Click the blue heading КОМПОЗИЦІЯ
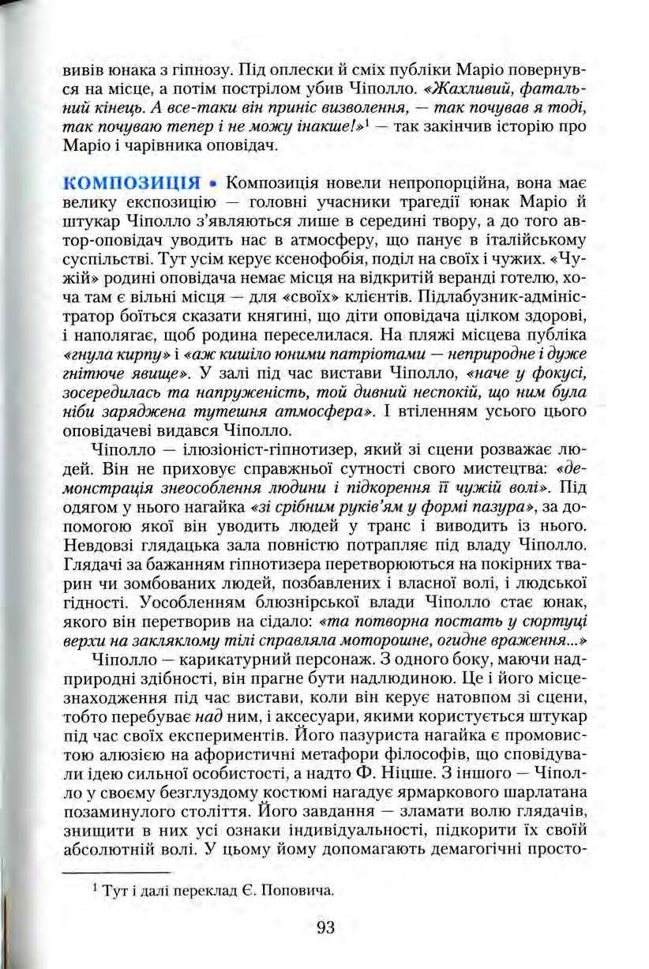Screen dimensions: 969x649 133,186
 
